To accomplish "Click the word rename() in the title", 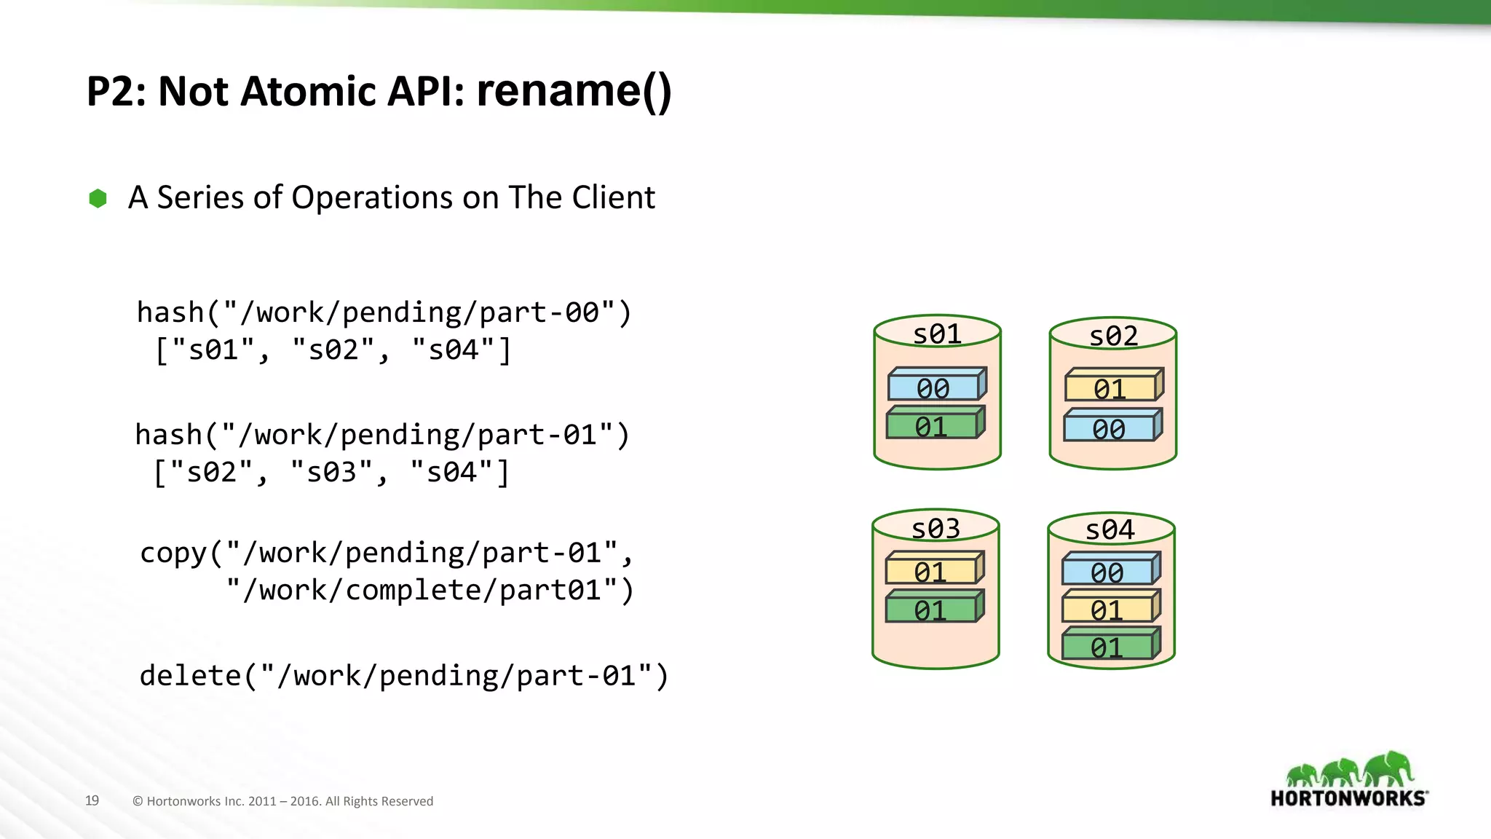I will tap(574, 92).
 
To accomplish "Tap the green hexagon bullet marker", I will tap(98, 198).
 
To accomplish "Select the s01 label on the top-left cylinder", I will tap(937, 334).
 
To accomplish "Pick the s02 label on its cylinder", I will tap(1113, 336).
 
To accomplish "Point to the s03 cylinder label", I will tap(936, 529).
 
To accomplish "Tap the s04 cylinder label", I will tap(1110, 530).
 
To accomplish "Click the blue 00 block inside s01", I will tap(934, 387).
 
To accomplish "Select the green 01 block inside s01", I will tap(933, 425).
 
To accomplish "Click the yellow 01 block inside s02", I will tap(1111, 388).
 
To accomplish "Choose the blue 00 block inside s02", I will tap(1110, 428).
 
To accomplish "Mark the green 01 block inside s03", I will tap(931, 610).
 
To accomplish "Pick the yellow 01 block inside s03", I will tap(931, 571).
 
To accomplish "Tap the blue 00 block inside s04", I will tap(1108, 572).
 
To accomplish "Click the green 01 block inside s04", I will tap(1107, 647).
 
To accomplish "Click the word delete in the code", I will tap(190, 676).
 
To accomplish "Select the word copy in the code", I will tap(174, 554).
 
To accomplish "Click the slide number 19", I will tap(92, 800).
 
